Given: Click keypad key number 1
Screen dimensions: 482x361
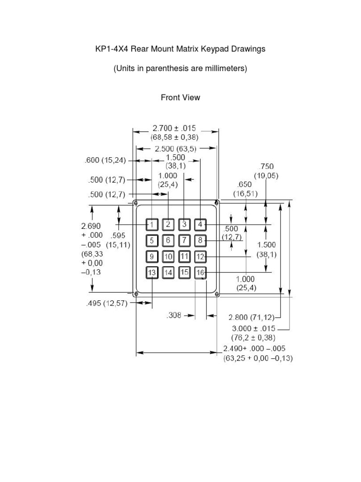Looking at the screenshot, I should tap(152, 225).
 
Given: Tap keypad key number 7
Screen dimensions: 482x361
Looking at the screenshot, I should tap(185, 241).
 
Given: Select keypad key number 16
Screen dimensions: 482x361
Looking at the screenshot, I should tap(201, 273).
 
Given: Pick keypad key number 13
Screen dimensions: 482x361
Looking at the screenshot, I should tap(152, 273).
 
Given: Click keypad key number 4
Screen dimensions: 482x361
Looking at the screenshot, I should tap(201, 225).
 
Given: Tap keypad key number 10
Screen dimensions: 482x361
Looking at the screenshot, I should tap(168, 257).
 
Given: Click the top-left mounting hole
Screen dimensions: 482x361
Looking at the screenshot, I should tap(136, 203).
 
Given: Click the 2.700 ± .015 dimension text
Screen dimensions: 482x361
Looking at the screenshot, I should tap(174, 128).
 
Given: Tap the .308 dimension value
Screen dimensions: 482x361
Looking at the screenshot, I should tap(174, 316).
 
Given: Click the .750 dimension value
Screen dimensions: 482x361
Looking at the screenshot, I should tap(266, 166).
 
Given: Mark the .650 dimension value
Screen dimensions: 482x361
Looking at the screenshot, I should tap(245, 185).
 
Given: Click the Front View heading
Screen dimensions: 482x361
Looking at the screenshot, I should tap(180, 97).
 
